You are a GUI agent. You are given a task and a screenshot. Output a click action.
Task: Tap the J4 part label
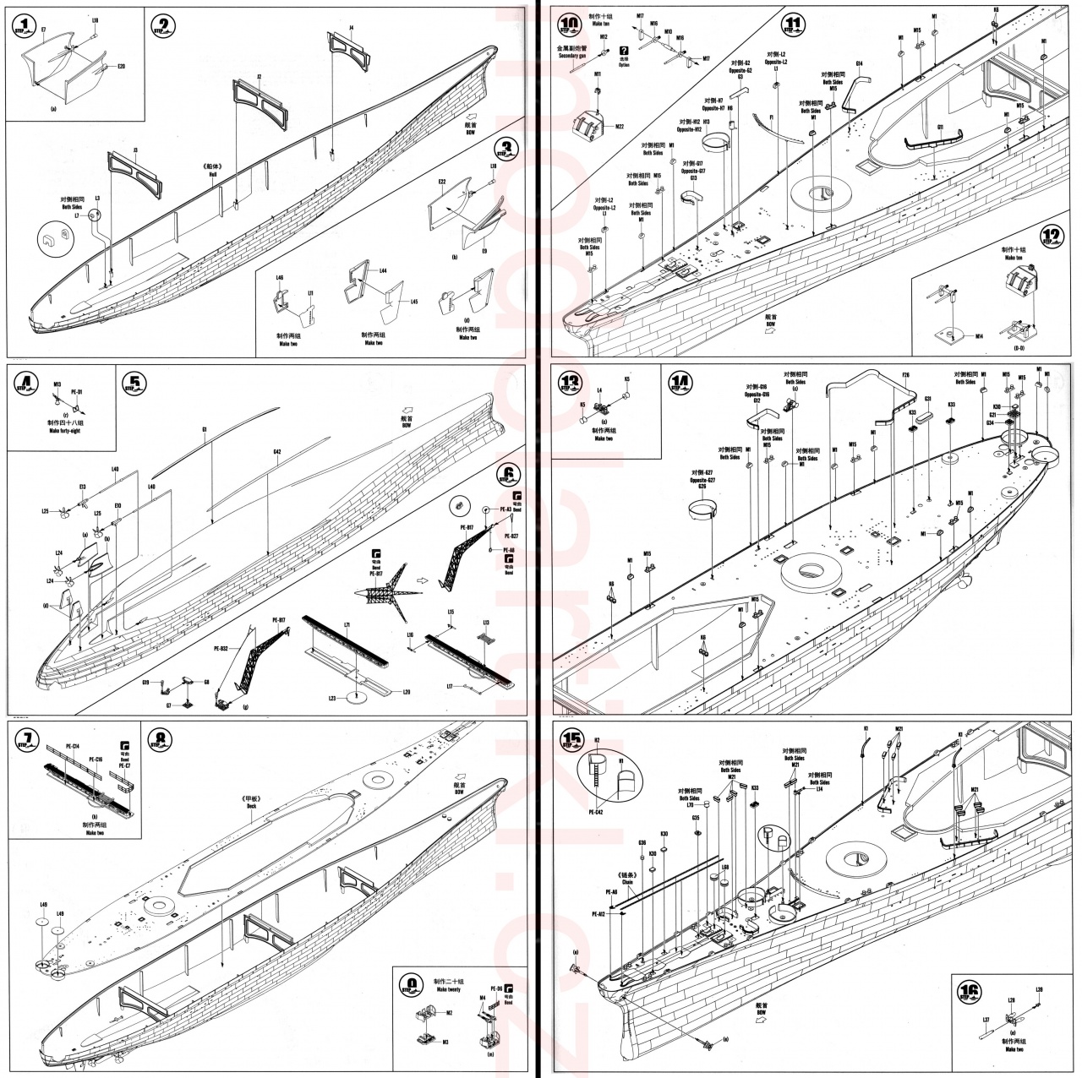(352, 28)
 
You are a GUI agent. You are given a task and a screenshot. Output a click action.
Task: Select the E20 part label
(121, 66)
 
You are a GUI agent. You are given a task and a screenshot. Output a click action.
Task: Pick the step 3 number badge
(507, 150)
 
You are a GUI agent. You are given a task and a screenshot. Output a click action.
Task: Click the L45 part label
(413, 301)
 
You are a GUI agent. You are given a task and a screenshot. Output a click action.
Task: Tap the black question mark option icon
(625, 51)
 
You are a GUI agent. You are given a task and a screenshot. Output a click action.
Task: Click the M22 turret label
(619, 127)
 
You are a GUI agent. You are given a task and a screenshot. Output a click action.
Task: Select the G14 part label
(859, 64)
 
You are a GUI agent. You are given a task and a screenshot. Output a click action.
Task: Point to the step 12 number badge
(1052, 237)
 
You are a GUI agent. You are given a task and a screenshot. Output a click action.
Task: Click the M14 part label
(979, 337)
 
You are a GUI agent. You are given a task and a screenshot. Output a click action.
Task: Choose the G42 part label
(276, 452)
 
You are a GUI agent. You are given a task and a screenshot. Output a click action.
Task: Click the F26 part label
(905, 375)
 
